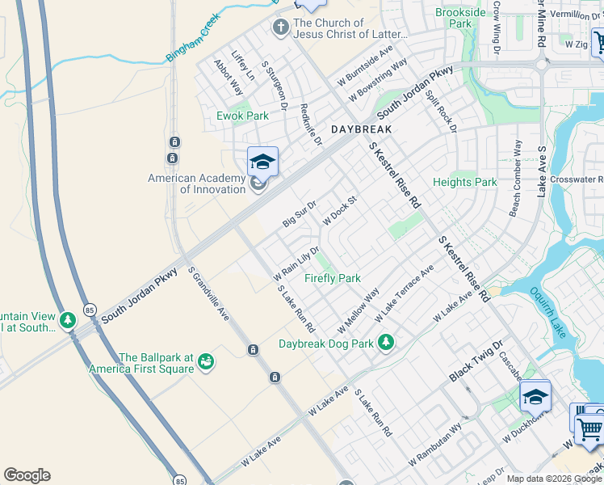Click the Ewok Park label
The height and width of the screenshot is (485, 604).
click(242, 116)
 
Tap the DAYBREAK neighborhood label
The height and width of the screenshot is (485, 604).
click(361, 129)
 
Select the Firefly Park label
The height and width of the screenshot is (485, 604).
click(332, 278)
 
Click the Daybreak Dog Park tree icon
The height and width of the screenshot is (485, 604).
click(386, 342)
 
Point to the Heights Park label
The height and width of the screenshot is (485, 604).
click(465, 183)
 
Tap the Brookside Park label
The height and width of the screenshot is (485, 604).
click(460, 18)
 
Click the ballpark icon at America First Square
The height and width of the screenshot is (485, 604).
click(207, 360)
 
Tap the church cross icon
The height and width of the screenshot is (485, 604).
click(280, 29)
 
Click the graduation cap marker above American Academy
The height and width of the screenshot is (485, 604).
click(262, 162)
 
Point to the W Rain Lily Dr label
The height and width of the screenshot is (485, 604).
click(303, 259)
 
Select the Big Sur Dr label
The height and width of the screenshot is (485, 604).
click(299, 211)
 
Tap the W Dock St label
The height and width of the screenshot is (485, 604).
click(339, 209)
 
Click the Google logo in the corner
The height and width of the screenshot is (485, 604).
click(27, 475)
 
